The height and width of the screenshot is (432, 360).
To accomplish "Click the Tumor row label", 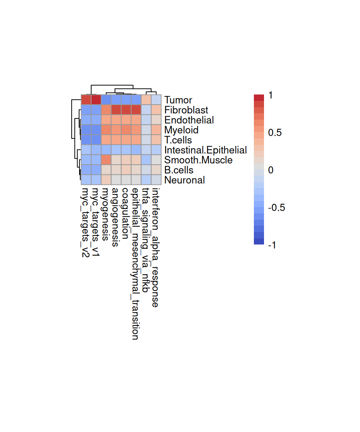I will (x=178, y=100).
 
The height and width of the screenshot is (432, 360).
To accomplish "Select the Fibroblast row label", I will (x=186, y=110).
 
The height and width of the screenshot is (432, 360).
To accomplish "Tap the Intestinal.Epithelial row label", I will (x=205, y=150).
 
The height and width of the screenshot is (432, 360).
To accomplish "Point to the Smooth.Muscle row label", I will (x=198, y=160).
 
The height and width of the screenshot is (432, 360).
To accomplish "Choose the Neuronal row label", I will (x=184, y=180).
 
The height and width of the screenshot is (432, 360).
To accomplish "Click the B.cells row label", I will (x=179, y=170).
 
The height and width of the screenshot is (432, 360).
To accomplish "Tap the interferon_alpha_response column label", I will (x=156, y=247).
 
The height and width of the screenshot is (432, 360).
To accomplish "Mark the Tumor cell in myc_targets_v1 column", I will (x=96, y=100).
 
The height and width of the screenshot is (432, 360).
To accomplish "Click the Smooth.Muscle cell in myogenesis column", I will (x=106, y=160).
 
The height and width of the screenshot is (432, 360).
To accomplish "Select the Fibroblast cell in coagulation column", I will (x=126, y=110).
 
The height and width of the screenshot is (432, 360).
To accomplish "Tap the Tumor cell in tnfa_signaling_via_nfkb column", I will (x=146, y=100).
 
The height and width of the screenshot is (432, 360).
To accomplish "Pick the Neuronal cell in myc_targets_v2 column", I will (x=86, y=180).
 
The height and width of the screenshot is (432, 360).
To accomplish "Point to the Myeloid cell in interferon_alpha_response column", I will (x=156, y=130).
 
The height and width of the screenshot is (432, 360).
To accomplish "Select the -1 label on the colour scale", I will (x=272, y=245).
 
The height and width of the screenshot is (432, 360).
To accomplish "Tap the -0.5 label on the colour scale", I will (x=276, y=207).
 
